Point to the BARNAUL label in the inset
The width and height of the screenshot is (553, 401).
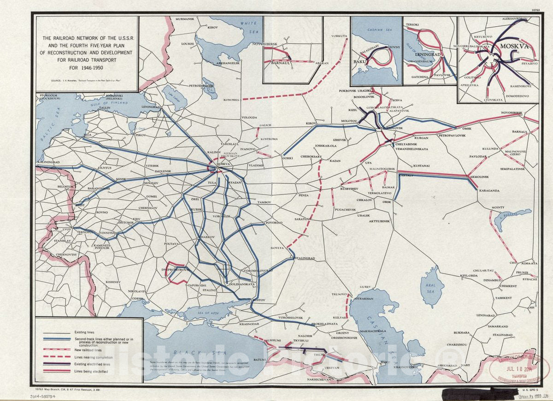coord(276,63)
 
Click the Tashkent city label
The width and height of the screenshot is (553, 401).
coord(504,298)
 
